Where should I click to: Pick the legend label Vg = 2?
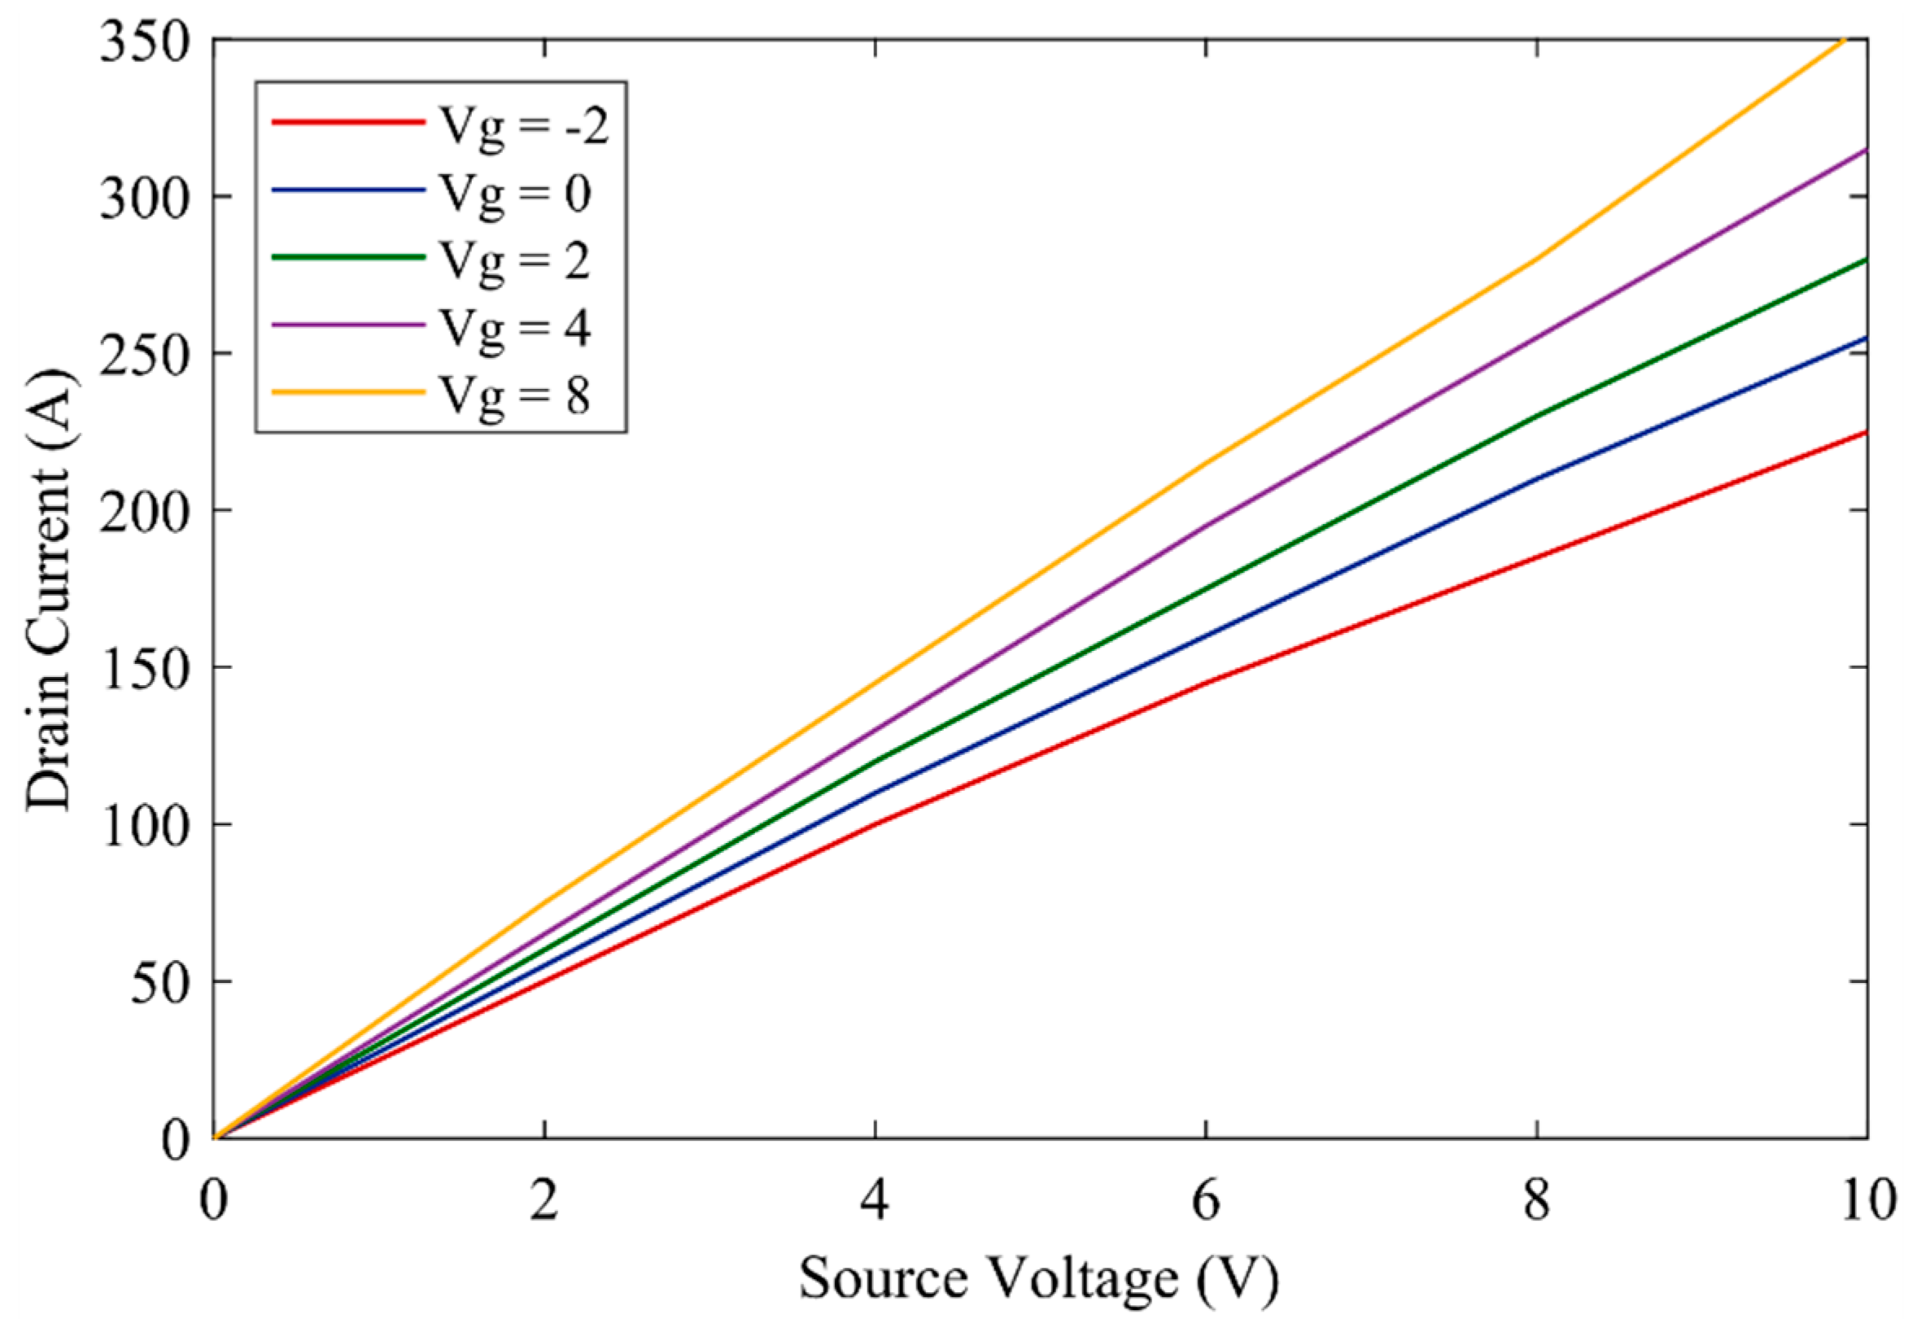tap(514, 260)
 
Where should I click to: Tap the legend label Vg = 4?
tap(514, 327)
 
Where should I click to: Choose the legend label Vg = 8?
tap(514, 395)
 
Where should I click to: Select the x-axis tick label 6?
tap(1206, 1201)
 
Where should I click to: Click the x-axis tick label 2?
tap(544, 1201)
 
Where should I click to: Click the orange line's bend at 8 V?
tap(1536, 259)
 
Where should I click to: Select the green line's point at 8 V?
tap(1536, 415)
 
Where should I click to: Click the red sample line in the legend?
tap(347, 122)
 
